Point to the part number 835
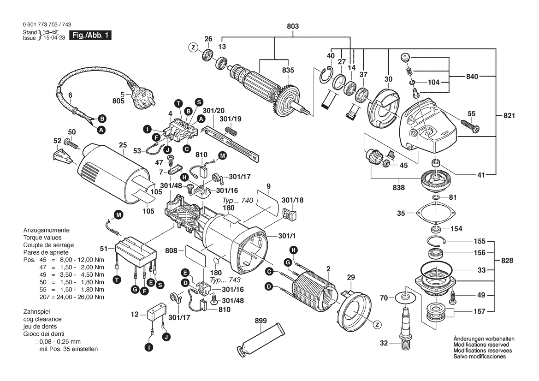288,71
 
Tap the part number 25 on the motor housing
122,145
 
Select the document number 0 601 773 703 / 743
47,25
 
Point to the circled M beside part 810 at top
223,156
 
